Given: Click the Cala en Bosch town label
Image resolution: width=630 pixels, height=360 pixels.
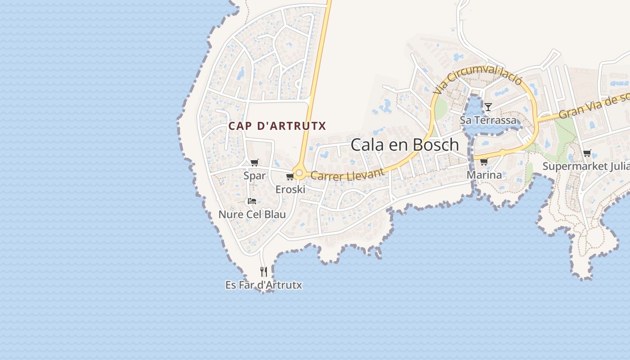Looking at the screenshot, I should tap(405, 145).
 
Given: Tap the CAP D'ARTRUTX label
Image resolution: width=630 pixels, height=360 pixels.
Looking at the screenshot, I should tap(277, 126).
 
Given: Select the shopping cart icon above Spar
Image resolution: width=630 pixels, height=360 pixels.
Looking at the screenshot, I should tap(255, 163).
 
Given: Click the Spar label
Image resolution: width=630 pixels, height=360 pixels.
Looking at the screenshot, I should tap(255, 175).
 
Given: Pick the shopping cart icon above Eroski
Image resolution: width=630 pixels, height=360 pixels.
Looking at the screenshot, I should tap(290, 176).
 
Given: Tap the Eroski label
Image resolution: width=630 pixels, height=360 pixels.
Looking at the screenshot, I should tap(290, 189).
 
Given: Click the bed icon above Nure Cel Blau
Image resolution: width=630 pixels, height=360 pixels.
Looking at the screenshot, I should tap(252, 201).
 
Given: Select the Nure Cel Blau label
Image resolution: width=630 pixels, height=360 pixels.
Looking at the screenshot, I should tap(252, 214).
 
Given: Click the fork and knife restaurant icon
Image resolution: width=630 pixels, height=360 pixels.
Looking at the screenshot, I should tap(264, 271).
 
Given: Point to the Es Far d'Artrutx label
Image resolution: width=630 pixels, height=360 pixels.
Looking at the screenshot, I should tap(264, 285).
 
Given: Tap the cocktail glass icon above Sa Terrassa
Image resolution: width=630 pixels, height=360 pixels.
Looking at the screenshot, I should tap(488, 107).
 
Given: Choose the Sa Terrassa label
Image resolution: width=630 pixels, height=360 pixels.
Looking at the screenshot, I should tap(488, 120).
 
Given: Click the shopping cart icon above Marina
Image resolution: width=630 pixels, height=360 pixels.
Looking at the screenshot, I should tap(484, 162).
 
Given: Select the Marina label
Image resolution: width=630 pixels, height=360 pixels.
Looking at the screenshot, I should tap(484, 175).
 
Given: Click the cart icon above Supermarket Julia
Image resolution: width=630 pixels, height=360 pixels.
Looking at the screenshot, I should tap(587, 153).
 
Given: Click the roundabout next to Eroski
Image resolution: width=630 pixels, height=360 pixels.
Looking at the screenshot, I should tap(299, 173).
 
